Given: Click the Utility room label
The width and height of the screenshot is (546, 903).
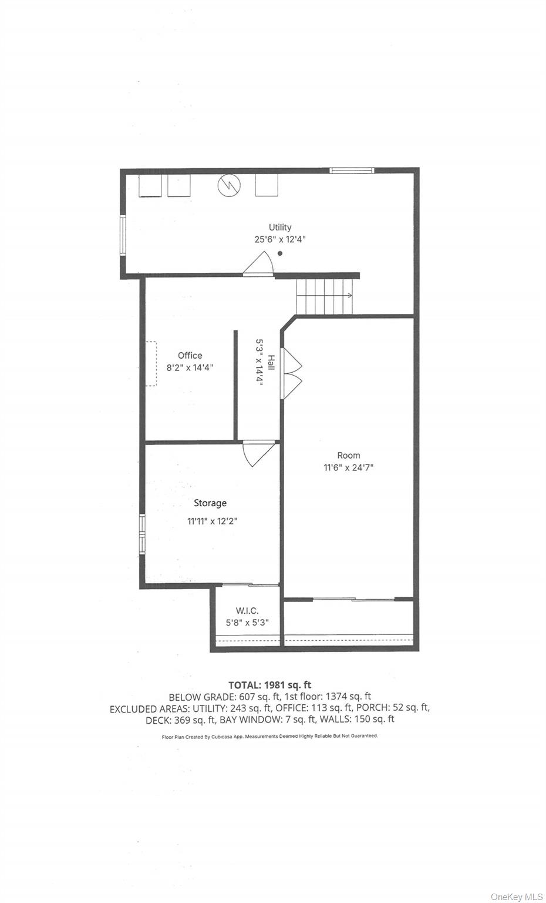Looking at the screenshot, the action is [280, 228].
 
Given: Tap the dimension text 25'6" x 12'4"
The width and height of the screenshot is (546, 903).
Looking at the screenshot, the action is [280, 239].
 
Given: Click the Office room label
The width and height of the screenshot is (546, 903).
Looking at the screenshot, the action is [190, 356].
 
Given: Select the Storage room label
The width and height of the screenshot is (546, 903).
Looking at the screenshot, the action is [210, 503].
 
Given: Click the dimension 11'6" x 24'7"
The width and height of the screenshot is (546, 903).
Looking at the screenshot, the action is [349, 467].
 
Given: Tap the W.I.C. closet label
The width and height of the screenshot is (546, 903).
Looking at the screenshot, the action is [247, 611].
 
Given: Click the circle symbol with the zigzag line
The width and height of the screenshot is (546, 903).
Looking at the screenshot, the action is [229, 185].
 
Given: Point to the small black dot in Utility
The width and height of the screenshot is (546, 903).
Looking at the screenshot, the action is [280, 253].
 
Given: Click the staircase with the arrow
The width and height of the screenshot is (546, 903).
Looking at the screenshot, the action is [325, 296].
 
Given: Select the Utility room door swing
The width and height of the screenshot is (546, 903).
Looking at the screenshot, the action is [258, 264].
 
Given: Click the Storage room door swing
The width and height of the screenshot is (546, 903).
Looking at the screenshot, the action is [259, 454].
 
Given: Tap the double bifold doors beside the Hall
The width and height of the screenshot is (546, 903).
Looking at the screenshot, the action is [291, 373].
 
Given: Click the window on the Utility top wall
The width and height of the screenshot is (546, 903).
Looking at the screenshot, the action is [352, 170].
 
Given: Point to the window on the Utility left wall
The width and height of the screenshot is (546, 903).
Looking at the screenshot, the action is [123, 235].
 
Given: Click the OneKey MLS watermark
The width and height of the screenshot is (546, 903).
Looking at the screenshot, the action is [517, 897].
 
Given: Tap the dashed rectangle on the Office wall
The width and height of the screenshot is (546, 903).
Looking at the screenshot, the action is [151, 364].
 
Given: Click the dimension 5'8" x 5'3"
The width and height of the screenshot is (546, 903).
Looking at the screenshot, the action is [247, 623].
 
